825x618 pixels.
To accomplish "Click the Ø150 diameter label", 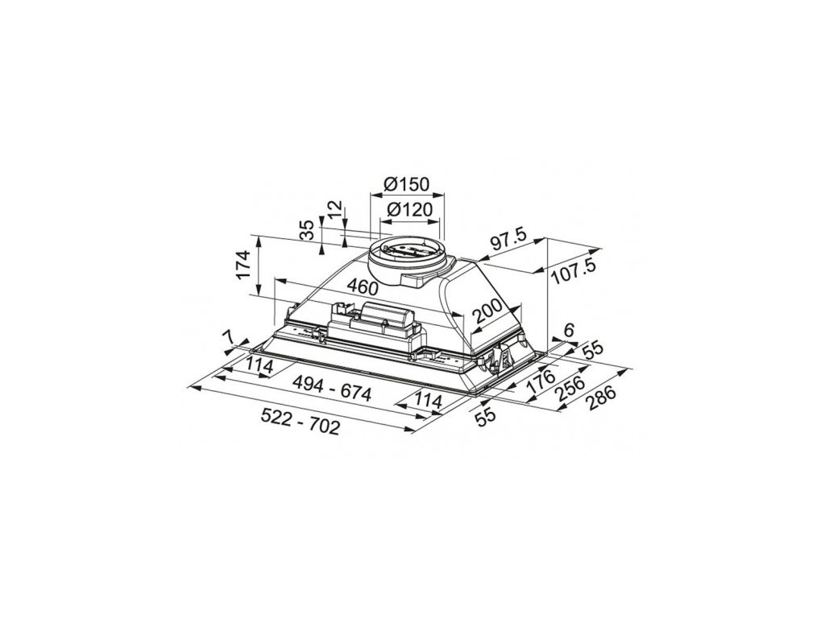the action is tap(407, 184).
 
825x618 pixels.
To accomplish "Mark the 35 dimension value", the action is tap(307, 230).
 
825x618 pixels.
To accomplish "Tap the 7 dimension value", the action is tap(230, 336).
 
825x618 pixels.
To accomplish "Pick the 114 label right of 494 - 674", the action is tap(430, 398).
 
